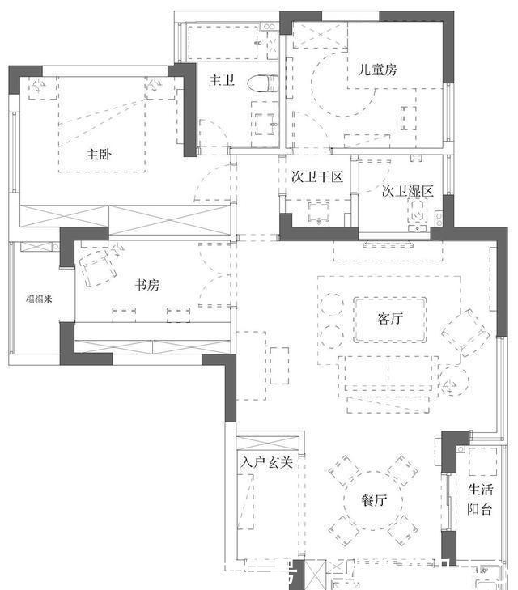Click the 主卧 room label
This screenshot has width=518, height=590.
click(x=99, y=154)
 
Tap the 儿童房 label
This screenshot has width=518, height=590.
click(x=378, y=70)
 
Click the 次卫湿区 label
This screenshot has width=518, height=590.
click(x=408, y=192)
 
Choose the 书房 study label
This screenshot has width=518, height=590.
click(x=146, y=284)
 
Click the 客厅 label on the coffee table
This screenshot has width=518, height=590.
click(x=390, y=318)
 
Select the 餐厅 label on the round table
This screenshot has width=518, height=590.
click(x=374, y=501)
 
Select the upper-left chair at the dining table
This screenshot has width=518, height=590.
click(x=343, y=470)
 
